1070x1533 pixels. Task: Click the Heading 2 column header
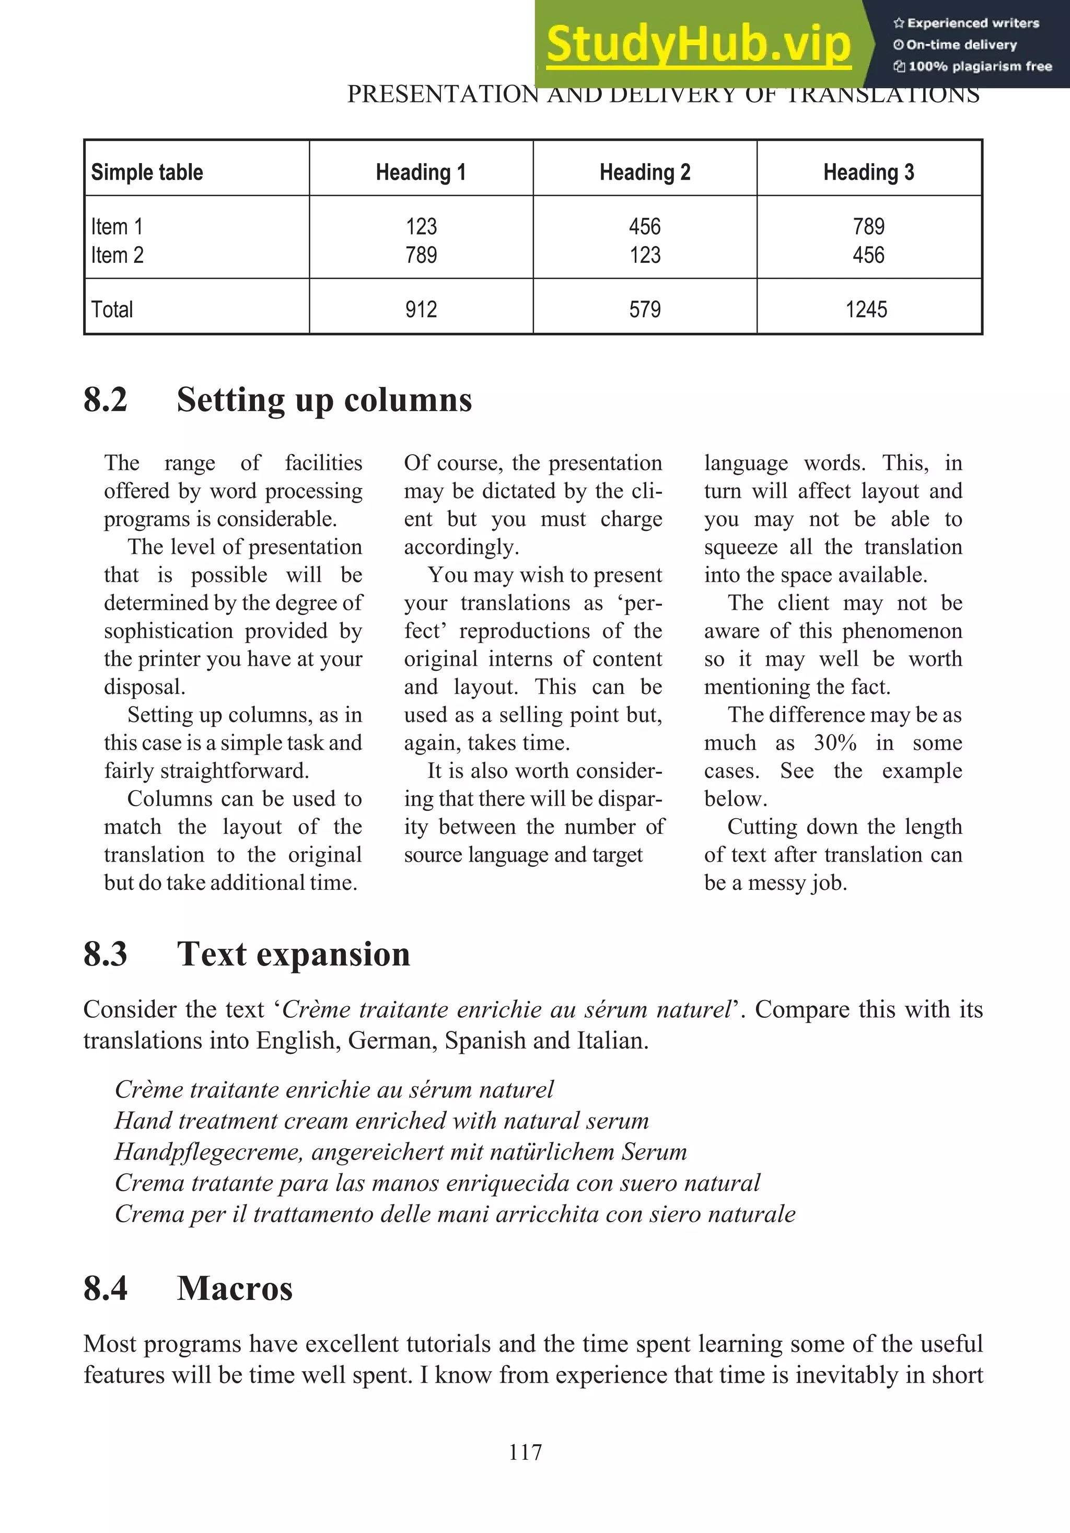point(645,172)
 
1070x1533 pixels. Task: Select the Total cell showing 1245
point(866,310)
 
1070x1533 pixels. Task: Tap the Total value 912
point(421,310)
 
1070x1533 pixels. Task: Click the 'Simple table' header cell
point(147,172)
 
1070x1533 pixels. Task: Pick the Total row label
point(112,310)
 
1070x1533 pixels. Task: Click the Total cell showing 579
point(645,310)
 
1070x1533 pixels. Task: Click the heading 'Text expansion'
point(293,954)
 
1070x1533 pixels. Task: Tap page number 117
point(525,1452)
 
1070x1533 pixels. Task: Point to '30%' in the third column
point(835,742)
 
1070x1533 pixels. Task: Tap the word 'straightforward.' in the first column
point(206,771)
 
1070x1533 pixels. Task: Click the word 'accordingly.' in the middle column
point(461,548)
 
